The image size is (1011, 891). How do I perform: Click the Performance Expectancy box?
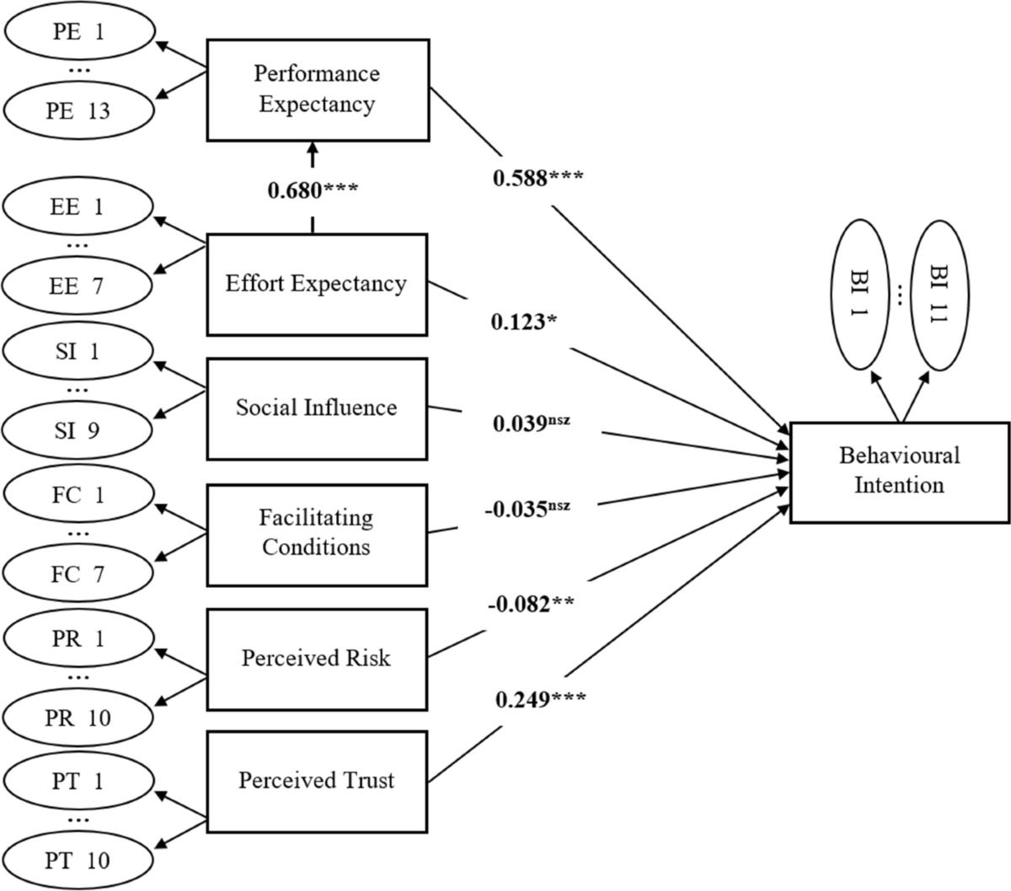316,89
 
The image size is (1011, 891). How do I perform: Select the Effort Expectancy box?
316,284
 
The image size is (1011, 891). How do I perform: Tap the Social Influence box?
316,408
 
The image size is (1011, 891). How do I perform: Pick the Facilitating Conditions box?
316,534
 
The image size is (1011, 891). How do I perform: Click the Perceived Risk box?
316,659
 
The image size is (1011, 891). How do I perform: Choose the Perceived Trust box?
316,782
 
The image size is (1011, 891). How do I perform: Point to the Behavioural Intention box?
899,471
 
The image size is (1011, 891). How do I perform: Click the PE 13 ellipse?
79,110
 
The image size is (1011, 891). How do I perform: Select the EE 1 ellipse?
78,206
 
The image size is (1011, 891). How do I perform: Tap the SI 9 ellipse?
78,430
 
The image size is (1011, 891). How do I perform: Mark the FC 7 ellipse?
78,574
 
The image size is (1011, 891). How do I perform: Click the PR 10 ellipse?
78,718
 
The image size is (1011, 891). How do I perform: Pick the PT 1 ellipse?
78,782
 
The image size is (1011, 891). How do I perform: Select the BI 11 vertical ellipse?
939,295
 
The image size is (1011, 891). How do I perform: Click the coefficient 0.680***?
313,190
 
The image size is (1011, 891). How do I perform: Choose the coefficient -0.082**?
530,604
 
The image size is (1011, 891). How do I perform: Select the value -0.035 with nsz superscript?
527,509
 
